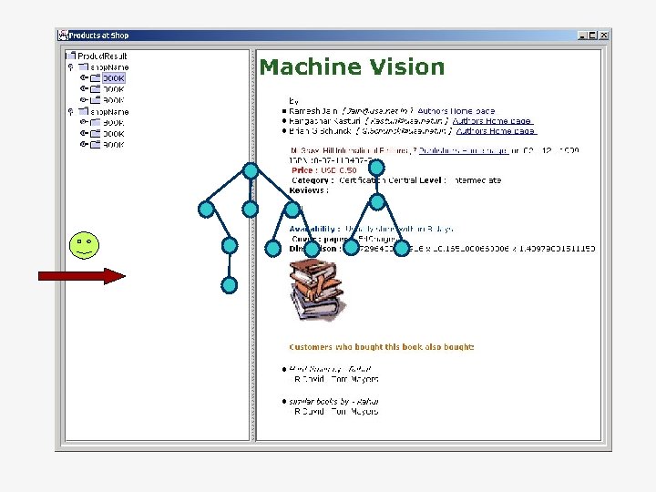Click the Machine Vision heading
pos(352,67)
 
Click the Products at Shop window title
pos(99,36)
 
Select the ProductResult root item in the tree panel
pos(102,56)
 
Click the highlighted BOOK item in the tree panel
pos(113,78)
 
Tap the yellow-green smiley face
pos(83,245)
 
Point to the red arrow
pos(81,276)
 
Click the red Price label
pos(304,170)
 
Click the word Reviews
pos(308,190)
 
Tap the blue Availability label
pos(314,229)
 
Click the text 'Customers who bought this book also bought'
pos(381,347)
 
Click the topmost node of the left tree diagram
pos(251,170)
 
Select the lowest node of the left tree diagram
pos(230,285)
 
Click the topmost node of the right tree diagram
pos(376,168)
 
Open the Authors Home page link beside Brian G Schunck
pos(497,131)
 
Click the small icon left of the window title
pos(63,36)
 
